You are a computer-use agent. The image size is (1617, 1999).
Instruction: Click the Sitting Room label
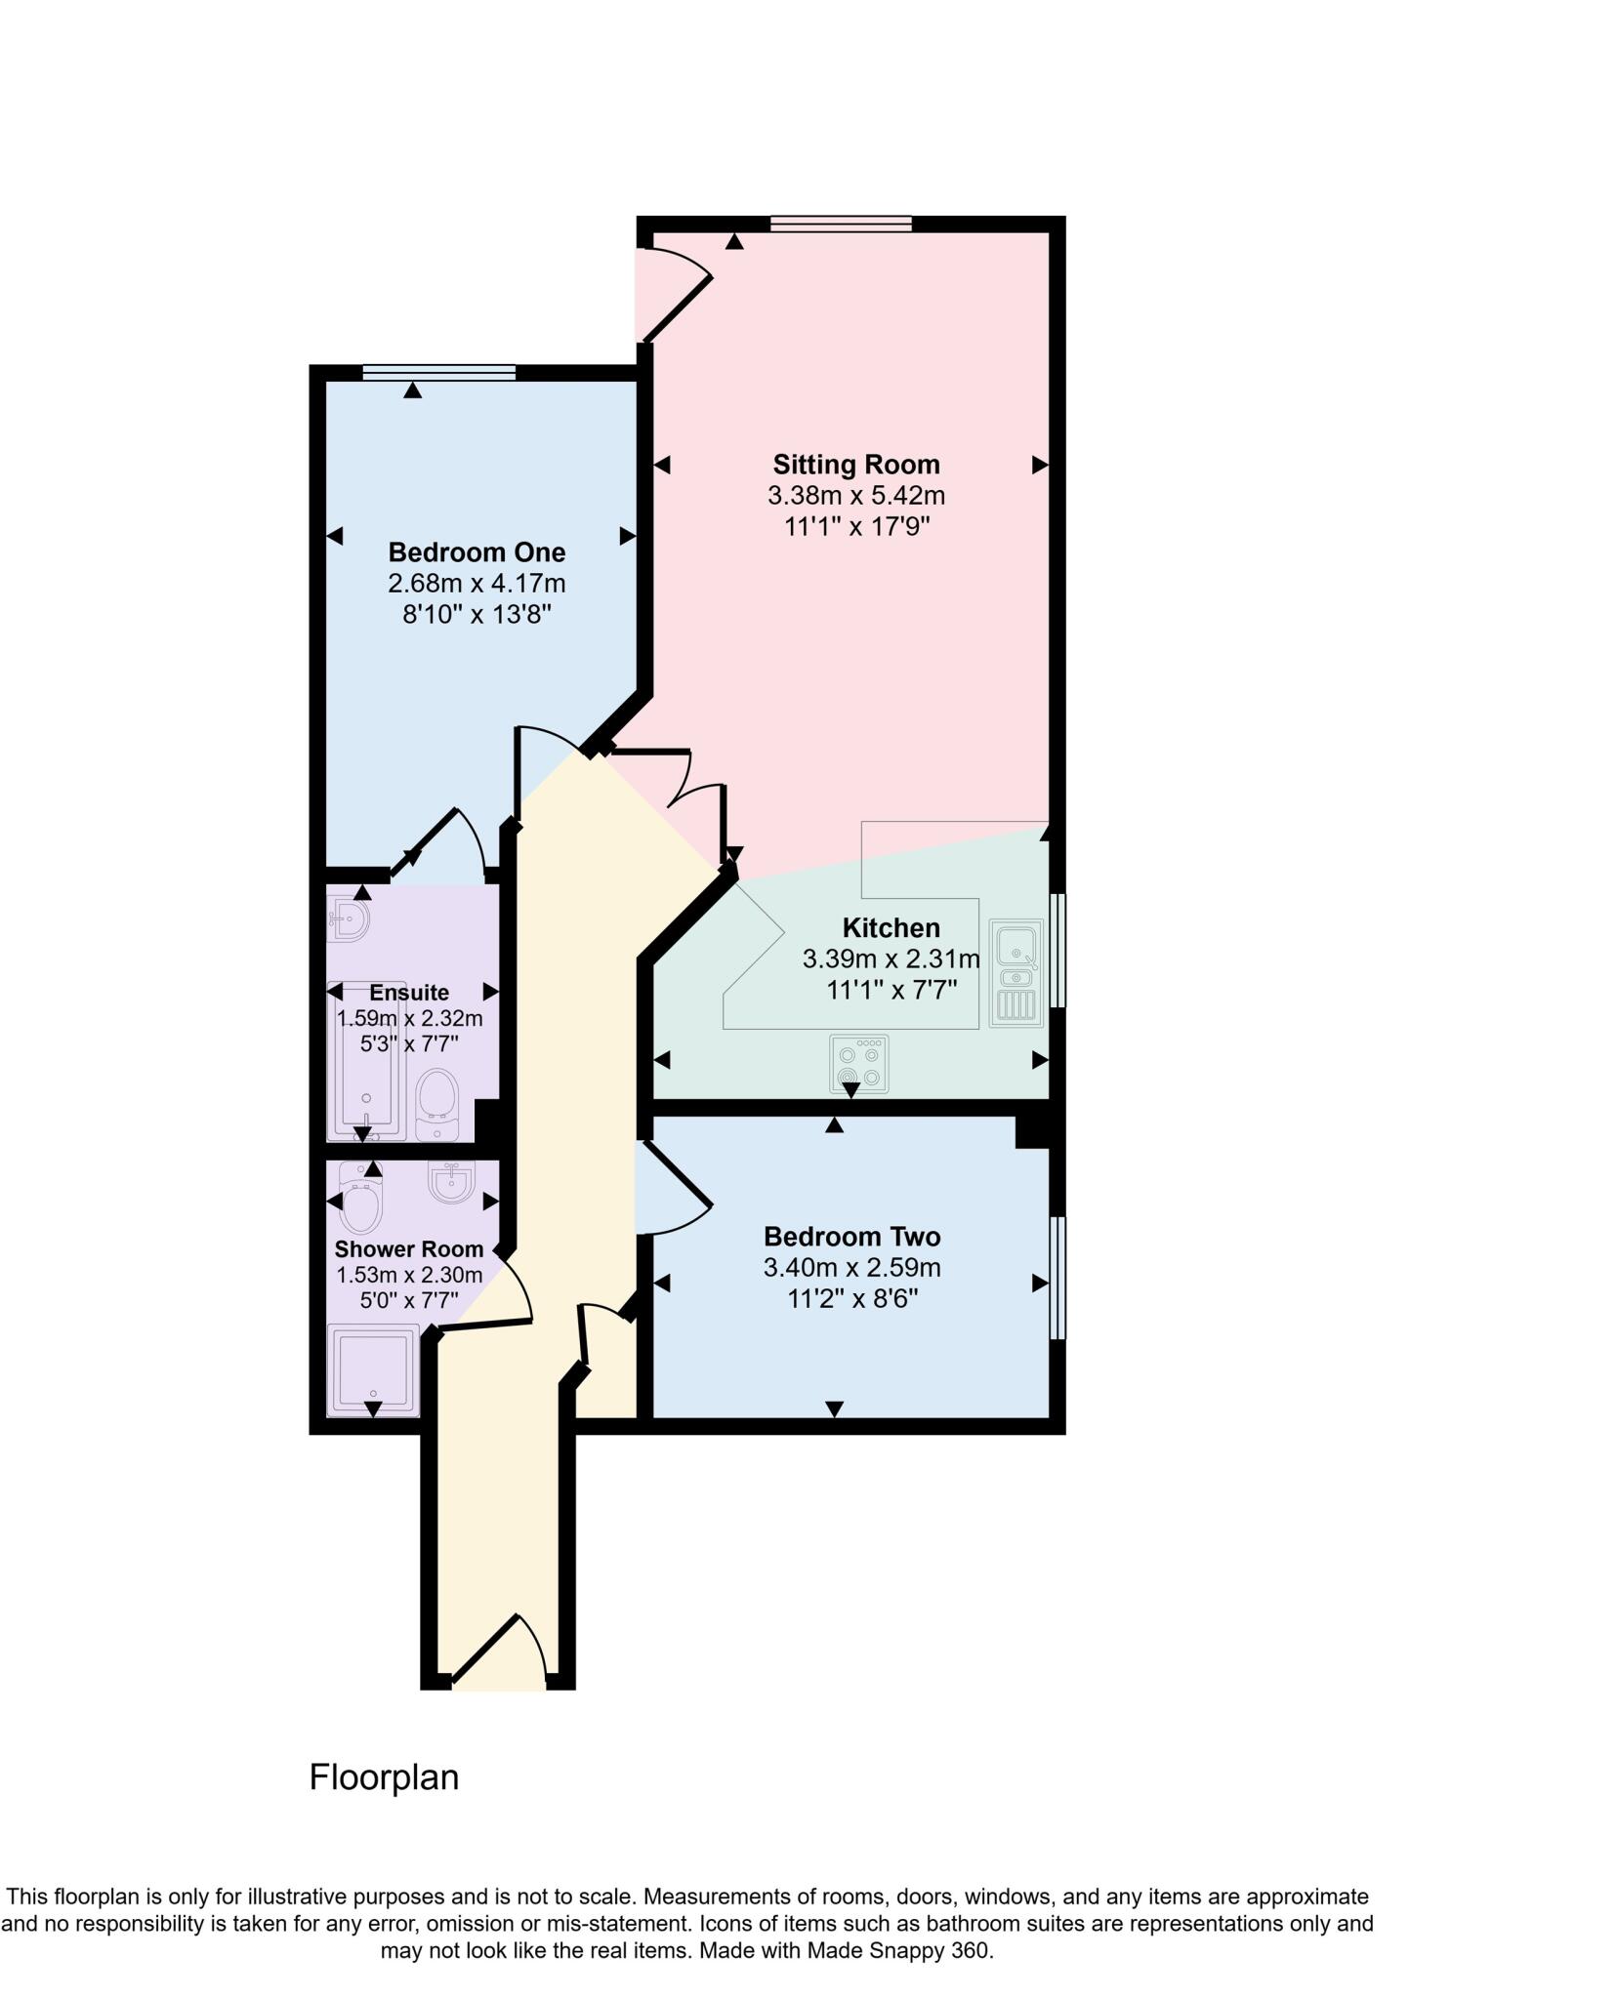click(x=855, y=464)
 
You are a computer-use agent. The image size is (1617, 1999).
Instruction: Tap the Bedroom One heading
click(x=477, y=552)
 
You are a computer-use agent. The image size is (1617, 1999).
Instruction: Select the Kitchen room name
click(x=891, y=927)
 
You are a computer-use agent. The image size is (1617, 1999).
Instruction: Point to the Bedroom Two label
click(x=851, y=1237)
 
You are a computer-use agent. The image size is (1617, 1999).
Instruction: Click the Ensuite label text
click(x=409, y=993)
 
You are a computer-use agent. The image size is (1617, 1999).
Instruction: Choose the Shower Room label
click(x=408, y=1249)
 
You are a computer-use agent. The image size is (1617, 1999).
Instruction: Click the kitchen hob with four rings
click(x=859, y=1064)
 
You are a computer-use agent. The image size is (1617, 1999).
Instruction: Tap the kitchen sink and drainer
click(x=1016, y=972)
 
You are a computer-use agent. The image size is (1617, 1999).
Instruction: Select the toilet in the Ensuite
click(x=436, y=1105)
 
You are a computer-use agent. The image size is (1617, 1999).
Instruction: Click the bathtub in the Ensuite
click(x=366, y=1059)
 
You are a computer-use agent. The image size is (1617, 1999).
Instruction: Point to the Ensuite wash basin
click(x=348, y=918)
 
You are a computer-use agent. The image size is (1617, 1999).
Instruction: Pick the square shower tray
click(x=372, y=1369)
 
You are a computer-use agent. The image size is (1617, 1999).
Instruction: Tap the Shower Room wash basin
click(x=451, y=1181)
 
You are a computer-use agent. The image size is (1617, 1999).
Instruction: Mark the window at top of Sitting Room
click(x=841, y=224)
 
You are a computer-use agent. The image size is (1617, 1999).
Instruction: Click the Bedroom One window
click(x=438, y=372)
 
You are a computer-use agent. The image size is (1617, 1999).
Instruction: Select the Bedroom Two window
click(x=1057, y=1278)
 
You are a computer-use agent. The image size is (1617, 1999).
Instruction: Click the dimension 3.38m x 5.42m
click(x=855, y=496)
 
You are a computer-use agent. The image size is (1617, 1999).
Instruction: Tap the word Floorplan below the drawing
click(x=384, y=1777)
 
